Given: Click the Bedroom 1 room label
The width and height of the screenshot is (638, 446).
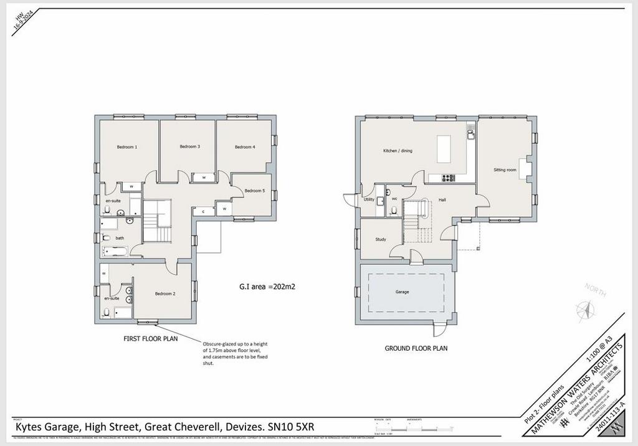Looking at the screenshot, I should point(127,147).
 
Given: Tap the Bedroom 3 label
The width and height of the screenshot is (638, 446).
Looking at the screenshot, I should point(190,146).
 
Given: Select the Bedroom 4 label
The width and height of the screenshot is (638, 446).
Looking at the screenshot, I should point(245,147).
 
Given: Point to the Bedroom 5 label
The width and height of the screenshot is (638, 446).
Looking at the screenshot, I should point(255,191).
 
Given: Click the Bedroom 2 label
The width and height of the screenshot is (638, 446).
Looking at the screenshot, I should point(164,293).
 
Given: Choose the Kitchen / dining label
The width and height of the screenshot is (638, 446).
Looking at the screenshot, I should point(398,151).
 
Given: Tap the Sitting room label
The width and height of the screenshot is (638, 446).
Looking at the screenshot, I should point(505,169).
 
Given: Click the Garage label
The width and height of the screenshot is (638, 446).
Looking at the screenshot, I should point(402,292).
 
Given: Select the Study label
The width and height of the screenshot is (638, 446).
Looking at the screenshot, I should point(381,239).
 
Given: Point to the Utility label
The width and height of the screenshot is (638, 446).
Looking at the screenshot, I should point(369,199).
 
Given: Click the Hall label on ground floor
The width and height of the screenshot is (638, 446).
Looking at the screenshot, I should point(442,199).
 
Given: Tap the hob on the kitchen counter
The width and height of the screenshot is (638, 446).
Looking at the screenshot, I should point(449,178).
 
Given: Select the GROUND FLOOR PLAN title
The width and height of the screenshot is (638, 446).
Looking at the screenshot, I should point(416,348).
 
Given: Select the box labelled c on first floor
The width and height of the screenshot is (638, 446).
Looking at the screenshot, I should point(204,212).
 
